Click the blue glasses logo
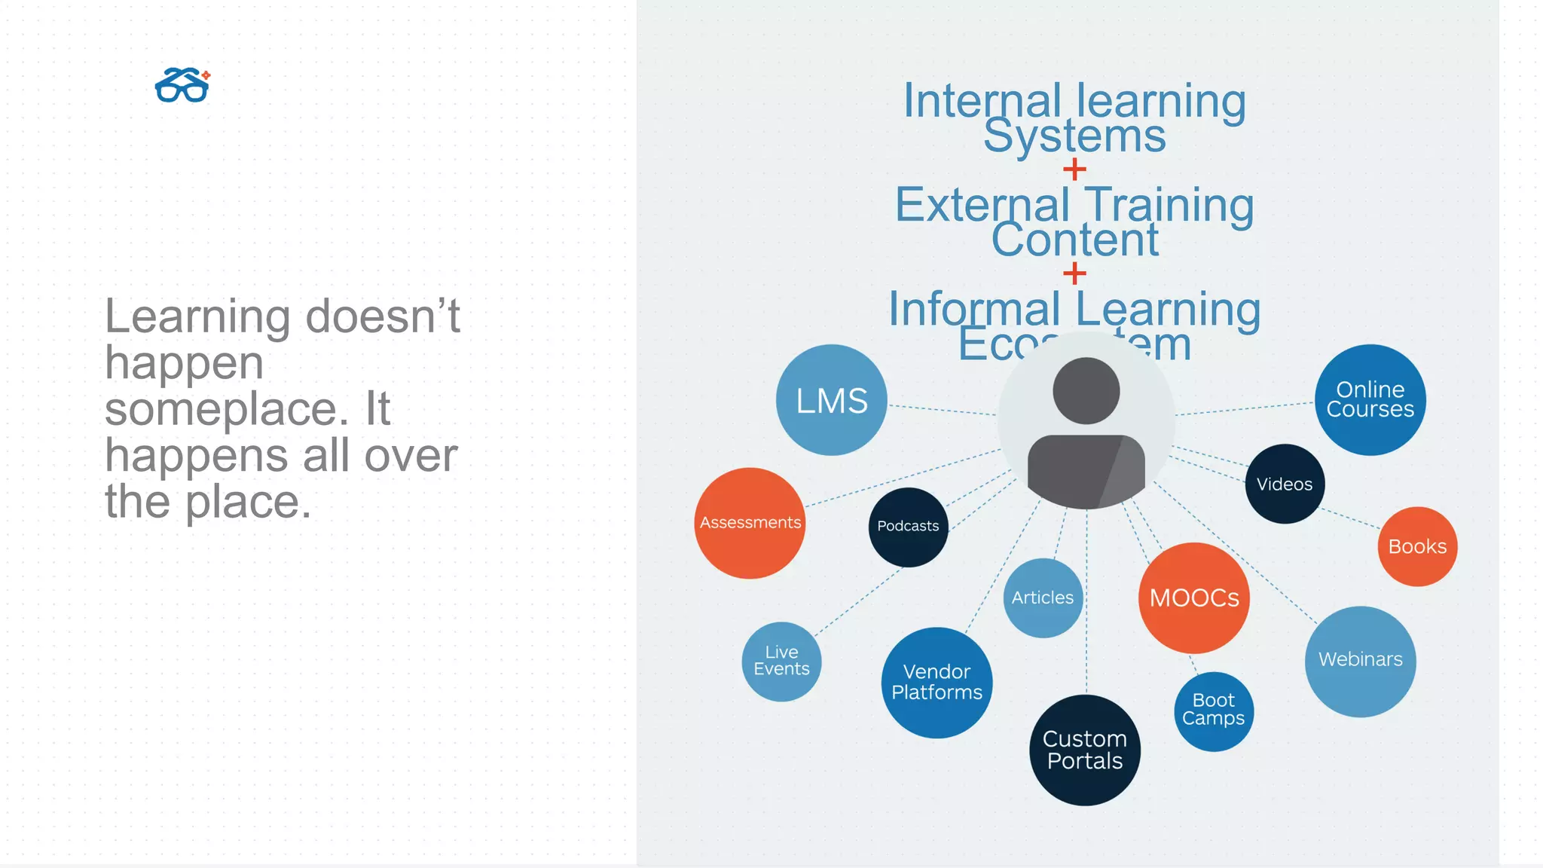(182, 85)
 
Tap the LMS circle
(832, 400)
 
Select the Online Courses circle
(1370, 400)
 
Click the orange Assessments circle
(750, 523)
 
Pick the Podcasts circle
(908, 527)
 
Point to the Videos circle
(1285, 484)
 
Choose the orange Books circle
(1417, 546)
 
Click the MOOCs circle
(1194, 598)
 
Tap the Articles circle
(1043, 598)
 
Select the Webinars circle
(1360, 661)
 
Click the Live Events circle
(781, 661)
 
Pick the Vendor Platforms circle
(936, 683)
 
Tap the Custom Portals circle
(1085, 750)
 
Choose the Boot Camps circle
(1213, 711)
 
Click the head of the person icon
(1086, 390)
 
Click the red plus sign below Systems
(1074, 170)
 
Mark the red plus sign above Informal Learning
(1074, 273)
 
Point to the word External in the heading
(982, 205)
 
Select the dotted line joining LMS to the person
(942, 410)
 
